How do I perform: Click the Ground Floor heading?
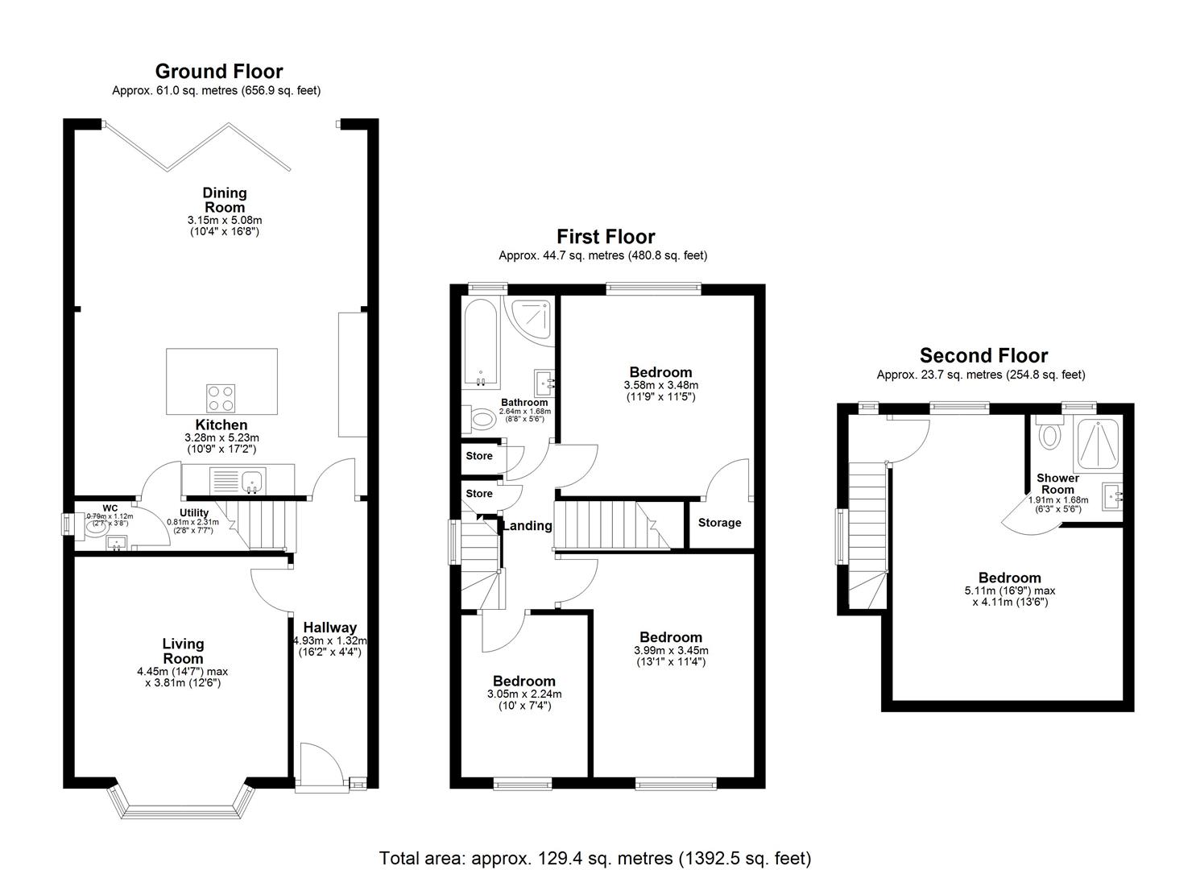click(218, 72)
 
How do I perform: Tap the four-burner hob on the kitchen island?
click(221, 398)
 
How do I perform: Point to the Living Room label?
click(183, 651)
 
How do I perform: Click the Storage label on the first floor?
click(719, 523)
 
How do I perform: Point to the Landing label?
click(528, 526)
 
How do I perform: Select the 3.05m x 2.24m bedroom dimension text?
click(524, 694)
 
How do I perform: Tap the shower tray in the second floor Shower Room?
click(1095, 443)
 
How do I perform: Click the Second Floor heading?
click(983, 355)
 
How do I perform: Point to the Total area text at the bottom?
click(594, 858)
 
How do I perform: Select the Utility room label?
click(194, 512)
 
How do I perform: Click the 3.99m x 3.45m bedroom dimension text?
click(671, 650)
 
